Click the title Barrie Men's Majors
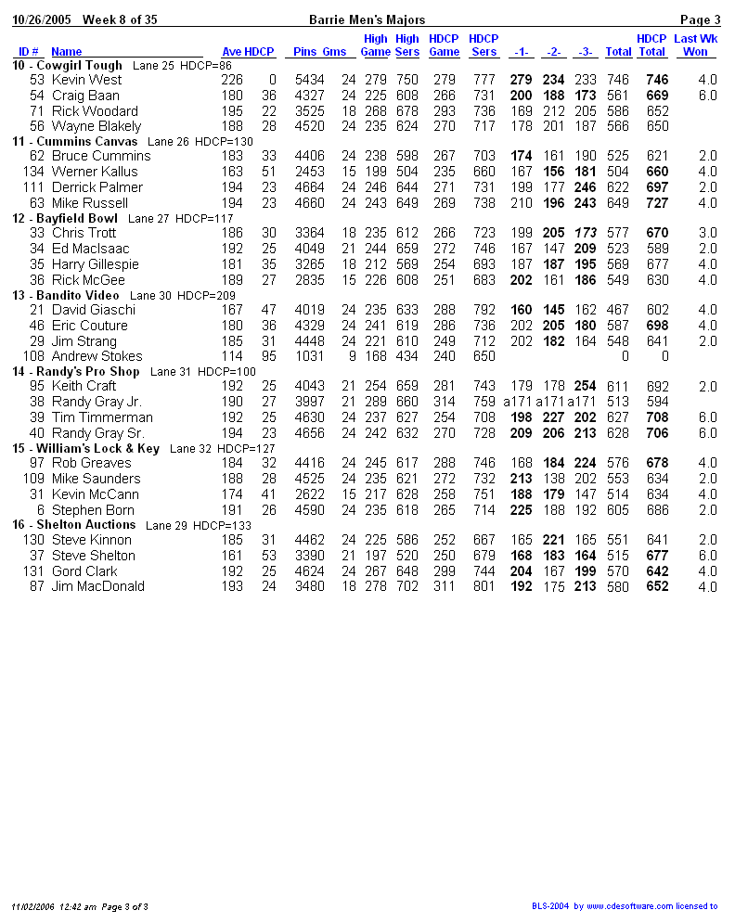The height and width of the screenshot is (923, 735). (367, 19)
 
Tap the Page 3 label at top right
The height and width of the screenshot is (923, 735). (700, 19)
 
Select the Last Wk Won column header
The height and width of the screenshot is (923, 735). (694, 45)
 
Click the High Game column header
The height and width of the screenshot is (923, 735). (375, 45)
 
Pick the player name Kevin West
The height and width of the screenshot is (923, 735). (86, 80)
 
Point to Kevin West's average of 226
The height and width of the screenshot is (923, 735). (231, 80)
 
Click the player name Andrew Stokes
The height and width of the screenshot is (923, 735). (97, 356)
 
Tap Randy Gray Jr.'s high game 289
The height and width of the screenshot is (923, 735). (375, 402)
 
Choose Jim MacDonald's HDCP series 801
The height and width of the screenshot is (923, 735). (484, 586)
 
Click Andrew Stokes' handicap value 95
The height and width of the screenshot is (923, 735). (268, 356)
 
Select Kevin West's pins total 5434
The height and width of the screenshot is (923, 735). (309, 80)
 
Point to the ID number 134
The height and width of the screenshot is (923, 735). (33, 172)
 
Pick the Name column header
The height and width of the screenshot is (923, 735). (66, 52)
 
